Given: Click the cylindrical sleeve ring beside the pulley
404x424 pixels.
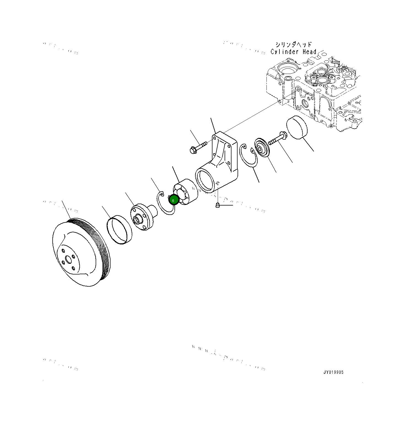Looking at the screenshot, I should (x=119, y=230).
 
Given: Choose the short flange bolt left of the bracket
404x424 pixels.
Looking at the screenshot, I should (x=198, y=147).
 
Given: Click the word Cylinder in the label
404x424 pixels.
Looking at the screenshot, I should (x=284, y=52).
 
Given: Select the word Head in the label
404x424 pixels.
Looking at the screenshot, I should (x=309, y=52).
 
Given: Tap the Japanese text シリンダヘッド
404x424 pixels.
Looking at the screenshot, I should (x=293, y=44).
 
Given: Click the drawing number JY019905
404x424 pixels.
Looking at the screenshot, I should (x=333, y=372).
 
